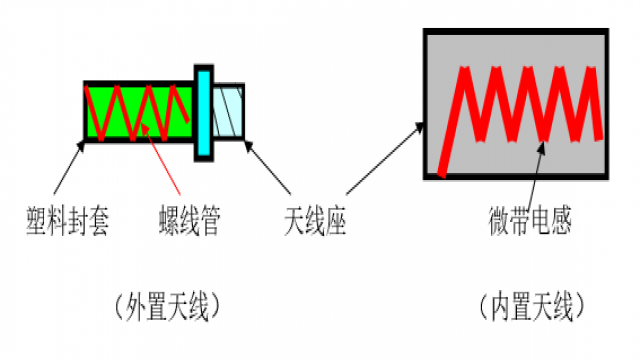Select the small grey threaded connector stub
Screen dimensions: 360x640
[229, 110]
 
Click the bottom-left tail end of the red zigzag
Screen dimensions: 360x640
[442, 172]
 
